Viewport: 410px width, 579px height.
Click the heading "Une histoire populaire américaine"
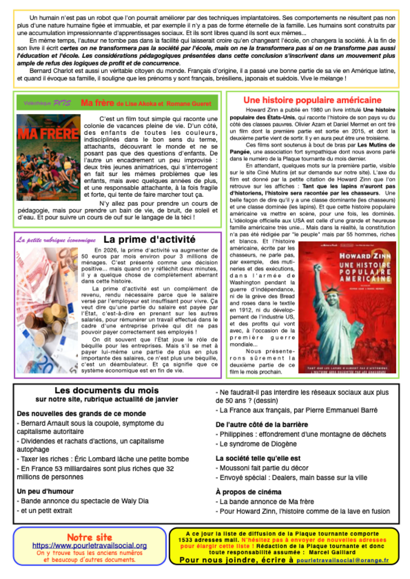click(x=312, y=100)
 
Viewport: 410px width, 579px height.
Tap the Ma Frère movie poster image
click(x=48, y=157)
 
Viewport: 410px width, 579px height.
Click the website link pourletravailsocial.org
click(x=89, y=546)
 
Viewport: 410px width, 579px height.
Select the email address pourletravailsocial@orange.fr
click(x=342, y=560)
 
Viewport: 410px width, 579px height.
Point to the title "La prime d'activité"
click(x=149, y=239)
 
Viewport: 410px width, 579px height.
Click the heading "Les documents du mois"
click(x=107, y=391)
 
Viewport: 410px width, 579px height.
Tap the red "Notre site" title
click(x=89, y=537)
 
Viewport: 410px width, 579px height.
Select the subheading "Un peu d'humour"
click(x=45, y=491)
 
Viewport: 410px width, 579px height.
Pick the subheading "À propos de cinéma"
click(x=248, y=492)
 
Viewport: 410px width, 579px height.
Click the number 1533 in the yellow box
click(x=186, y=540)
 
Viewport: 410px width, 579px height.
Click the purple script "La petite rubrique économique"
click(x=56, y=240)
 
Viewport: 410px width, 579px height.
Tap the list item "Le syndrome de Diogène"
click(x=258, y=444)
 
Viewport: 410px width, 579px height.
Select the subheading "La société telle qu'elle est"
click(x=258, y=458)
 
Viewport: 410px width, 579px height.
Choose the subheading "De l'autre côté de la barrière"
click(x=262, y=425)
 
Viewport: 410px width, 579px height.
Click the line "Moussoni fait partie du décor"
click(x=264, y=468)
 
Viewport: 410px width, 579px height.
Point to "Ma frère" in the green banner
click(x=97, y=103)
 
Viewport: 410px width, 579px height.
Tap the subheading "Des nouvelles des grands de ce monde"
click(x=81, y=414)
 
